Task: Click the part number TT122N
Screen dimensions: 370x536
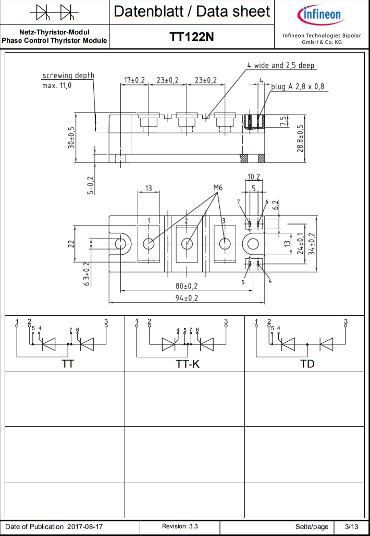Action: (x=191, y=37)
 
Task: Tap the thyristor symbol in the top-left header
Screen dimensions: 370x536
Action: (x=54, y=14)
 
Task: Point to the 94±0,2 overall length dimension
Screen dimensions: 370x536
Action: (x=187, y=298)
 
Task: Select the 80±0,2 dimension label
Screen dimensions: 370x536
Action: (x=187, y=286)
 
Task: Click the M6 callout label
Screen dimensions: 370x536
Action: (x=218, y=188)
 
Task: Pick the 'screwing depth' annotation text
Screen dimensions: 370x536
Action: (x=68, y=76)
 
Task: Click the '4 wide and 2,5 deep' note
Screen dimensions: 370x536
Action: (x=280, y=65)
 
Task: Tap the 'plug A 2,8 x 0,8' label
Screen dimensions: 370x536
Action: (x=298, y=86)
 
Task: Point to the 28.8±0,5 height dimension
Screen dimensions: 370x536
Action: (x=300, y=139)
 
